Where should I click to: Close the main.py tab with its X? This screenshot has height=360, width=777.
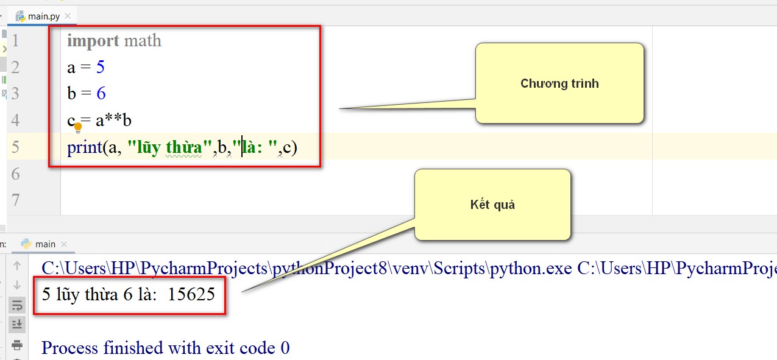pos(68,16)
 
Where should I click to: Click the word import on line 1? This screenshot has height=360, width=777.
pos(93,41)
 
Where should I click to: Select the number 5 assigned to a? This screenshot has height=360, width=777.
pos(100,66)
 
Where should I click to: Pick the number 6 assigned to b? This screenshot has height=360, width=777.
pos(101,93)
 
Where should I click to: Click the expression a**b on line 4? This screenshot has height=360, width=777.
pos(113,121)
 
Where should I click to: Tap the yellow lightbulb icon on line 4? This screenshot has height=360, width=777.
pos(78,127)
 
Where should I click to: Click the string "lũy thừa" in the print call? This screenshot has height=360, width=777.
pos(169,147)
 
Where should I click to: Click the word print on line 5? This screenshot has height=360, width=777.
pos(84,147)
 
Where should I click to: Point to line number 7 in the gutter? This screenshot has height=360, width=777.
pos(15,200)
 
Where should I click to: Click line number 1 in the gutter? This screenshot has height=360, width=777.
pos(15,40)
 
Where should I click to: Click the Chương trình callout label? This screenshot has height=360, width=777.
pos(559,83)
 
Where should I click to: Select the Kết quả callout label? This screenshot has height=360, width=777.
pos(492,205)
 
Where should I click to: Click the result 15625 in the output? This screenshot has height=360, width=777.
pos(191,294)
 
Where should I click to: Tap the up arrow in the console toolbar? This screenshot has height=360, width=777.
pos(17,266)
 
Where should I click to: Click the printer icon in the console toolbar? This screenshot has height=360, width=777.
pos(17,345)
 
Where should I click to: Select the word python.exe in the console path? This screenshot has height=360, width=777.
pos(531,269)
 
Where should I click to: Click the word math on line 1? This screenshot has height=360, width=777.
pos(143,41)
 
